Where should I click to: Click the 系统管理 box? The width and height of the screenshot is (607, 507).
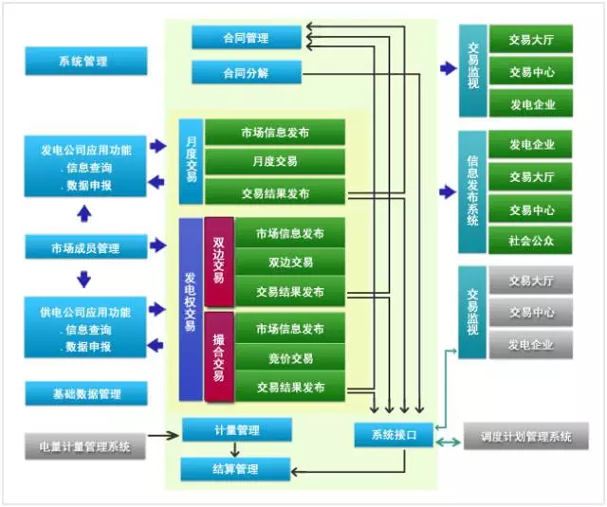point(86,62)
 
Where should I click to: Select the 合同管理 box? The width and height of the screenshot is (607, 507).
point(246,38)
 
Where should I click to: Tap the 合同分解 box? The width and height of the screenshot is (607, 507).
point(246,72)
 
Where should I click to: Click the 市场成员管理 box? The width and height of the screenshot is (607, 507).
point(86,248)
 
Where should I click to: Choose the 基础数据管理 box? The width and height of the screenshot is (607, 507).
point(86,392)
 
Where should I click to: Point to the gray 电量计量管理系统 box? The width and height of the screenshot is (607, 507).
point(86,444)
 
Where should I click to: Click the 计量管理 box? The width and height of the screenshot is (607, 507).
point(235,430)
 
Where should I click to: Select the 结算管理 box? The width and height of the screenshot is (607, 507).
point(235,468)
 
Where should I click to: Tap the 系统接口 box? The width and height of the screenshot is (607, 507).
point(394,434)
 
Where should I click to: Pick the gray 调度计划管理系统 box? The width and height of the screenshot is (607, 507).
point(519,437)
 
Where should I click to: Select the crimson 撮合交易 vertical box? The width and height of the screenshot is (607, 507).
point(218,357)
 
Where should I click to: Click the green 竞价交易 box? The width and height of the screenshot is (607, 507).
point(290,358)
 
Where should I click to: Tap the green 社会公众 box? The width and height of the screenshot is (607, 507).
point(531,240)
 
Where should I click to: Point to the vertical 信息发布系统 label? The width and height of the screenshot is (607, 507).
point(472,192)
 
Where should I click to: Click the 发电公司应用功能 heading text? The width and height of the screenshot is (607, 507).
point(86,150)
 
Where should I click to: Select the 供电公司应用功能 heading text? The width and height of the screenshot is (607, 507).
point(86,311)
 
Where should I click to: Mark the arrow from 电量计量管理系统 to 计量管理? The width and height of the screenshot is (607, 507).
point(164,437)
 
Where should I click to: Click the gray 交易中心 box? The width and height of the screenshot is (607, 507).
point(531,312)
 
